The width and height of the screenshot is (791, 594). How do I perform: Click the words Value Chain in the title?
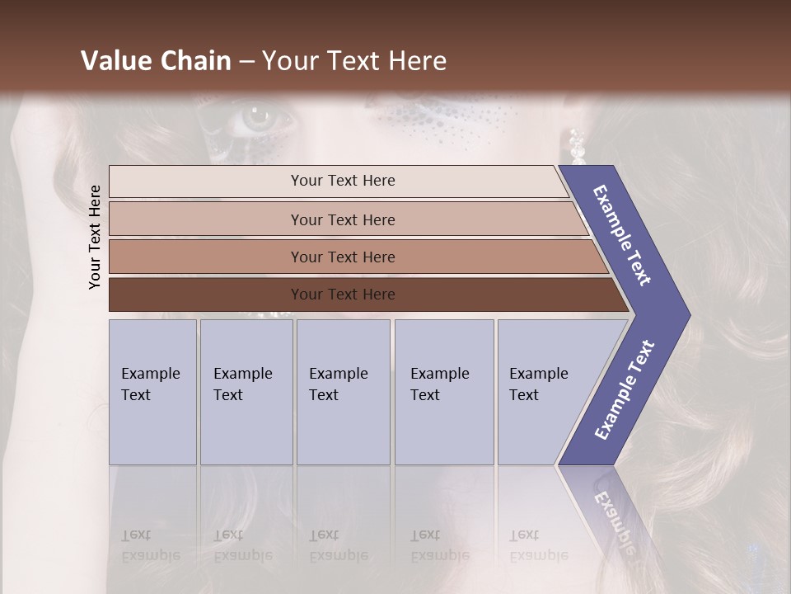click(156, 61)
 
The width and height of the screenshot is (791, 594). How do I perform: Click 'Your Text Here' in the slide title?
click(354, 61)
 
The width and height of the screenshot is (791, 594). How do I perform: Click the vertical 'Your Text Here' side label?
click(95, 237)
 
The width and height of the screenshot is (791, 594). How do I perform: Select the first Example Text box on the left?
click(152, 392)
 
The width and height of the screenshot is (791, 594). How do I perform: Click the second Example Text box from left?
click(246, 392)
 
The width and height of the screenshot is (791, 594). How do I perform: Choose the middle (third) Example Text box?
click(343, 392)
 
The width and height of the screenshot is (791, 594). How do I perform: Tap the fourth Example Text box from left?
click(444, 392)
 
